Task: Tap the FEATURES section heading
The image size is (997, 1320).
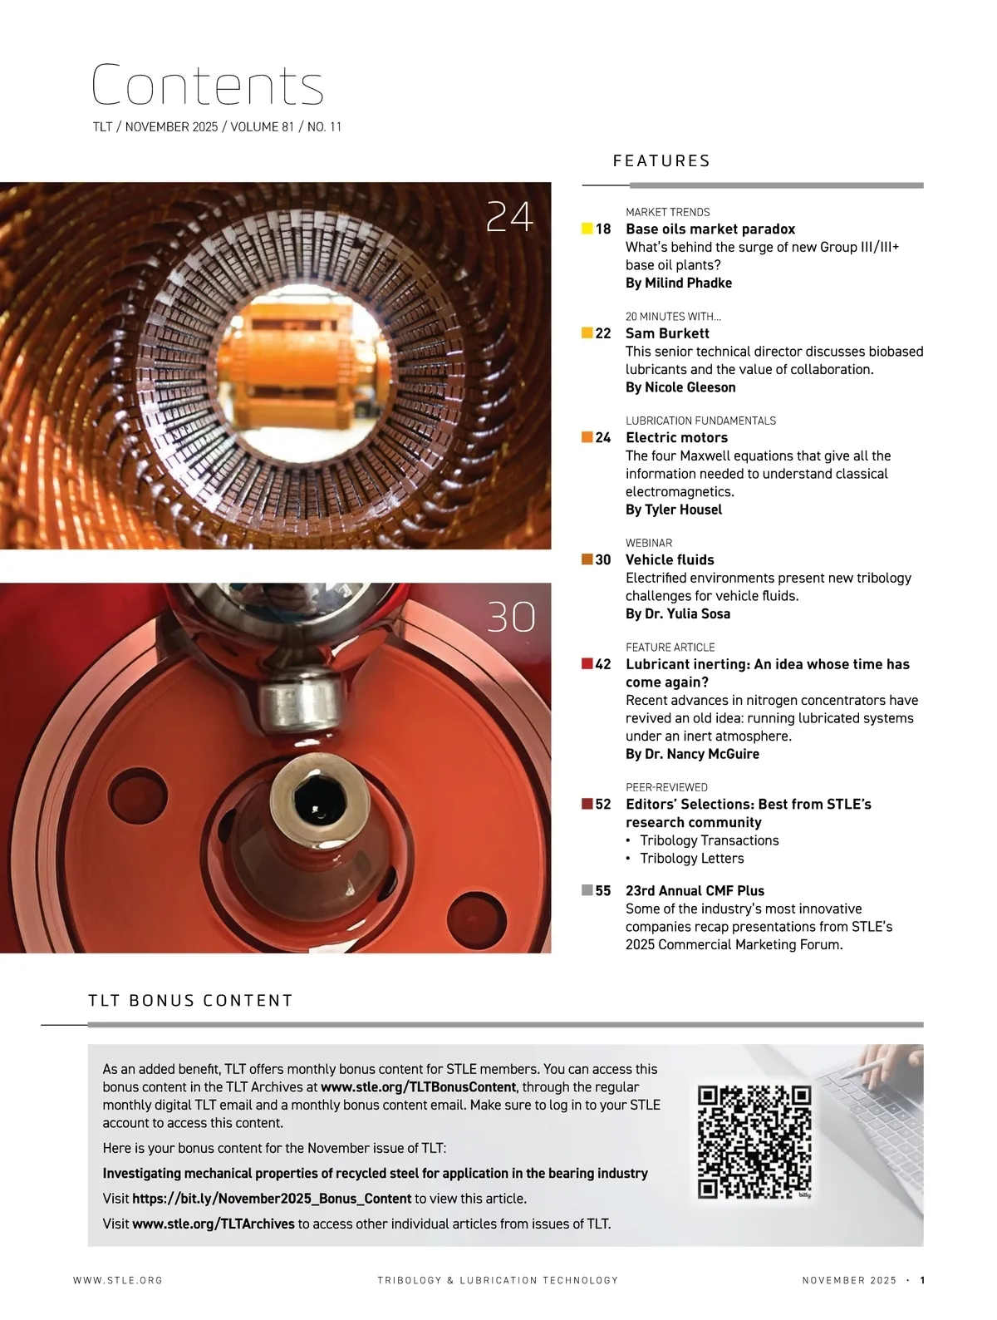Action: (x=661, y=160)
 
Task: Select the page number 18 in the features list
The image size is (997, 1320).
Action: (x=602, y=229)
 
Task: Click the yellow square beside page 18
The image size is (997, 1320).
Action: (x=587, y=229)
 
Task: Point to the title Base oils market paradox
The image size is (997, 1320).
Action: (x=710, y=229)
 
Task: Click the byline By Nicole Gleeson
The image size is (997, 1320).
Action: (x=680, y=387)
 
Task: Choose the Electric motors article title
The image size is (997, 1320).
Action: (x=676, y=437)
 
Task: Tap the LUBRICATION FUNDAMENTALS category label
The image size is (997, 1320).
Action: (x=700, y=421)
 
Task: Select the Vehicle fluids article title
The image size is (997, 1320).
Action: (x=670, y=559)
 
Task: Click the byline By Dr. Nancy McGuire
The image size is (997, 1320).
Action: (x=692, y=753)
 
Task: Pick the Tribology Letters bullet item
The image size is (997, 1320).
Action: (x=691, y=858)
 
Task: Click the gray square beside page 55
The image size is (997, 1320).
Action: (x=587, y=889)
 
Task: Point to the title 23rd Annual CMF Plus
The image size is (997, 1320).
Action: (x=695, y=890)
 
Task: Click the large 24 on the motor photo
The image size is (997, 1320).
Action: (x=509, y=217)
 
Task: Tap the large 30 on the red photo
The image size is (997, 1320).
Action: (x=511, y=617)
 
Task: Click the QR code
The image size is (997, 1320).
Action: (x=754, y=1142)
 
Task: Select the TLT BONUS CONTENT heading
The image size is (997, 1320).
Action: (x=190, y=1000)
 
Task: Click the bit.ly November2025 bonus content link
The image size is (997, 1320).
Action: (x=272, y=1199)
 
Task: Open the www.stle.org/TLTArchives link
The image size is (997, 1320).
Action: (x=214, y=1224)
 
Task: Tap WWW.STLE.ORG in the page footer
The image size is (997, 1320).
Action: (x=118, y=1280)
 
